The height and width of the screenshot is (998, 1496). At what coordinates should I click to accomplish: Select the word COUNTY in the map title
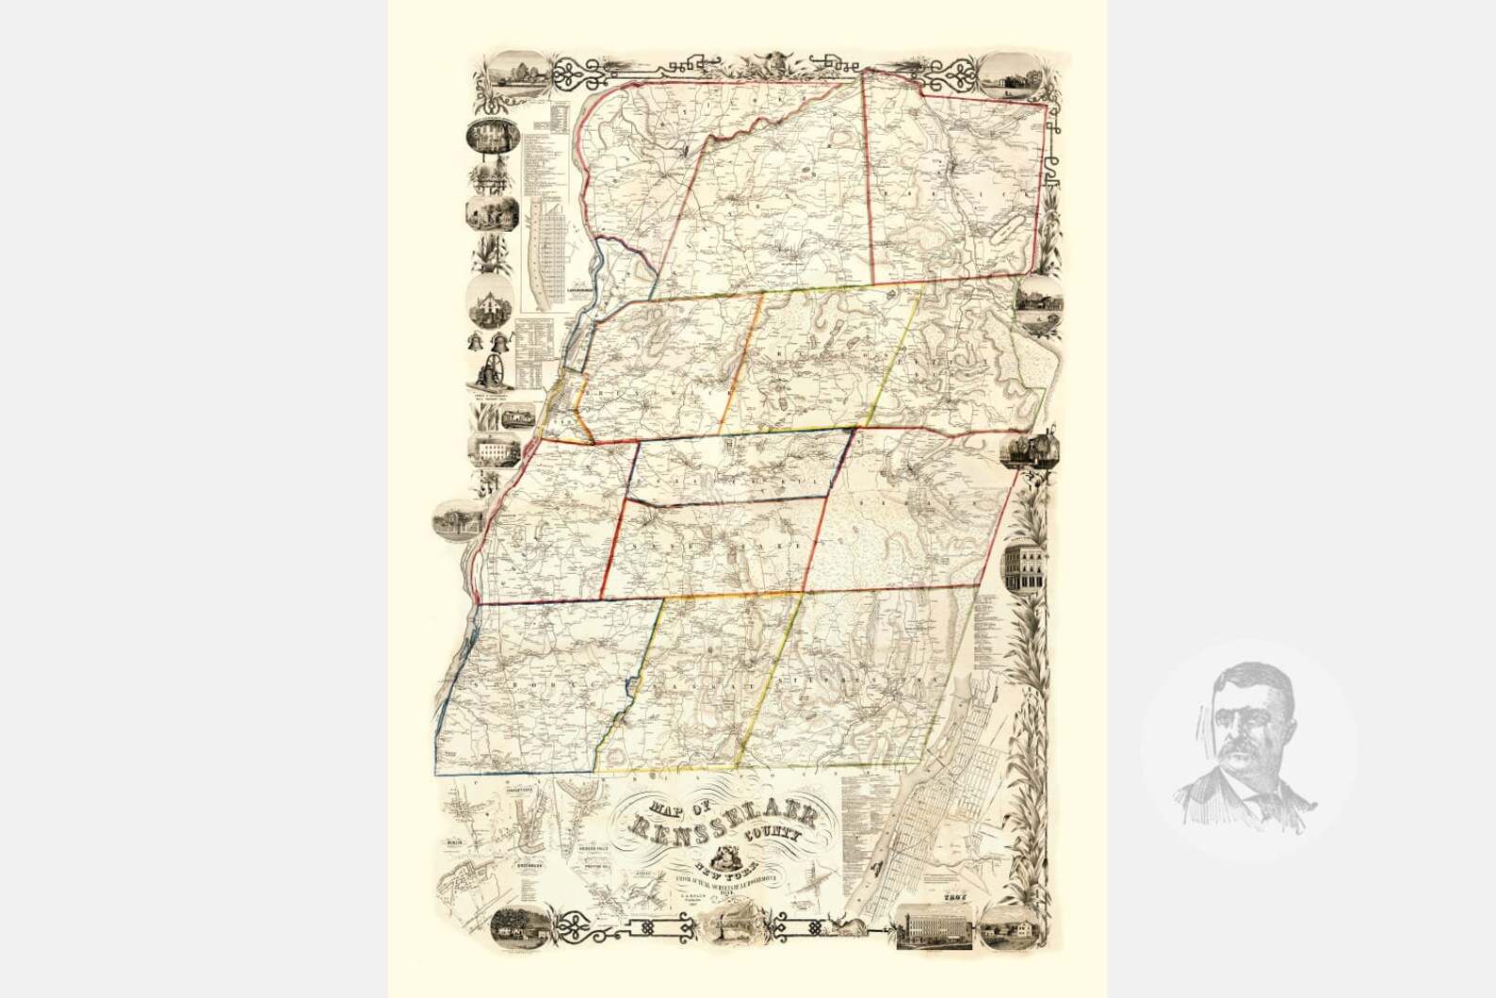click(785, 835)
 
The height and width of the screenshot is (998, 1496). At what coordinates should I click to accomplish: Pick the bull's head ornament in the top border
click(766, 65)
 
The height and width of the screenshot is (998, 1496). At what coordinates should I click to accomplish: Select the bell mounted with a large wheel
click(492, 375)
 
